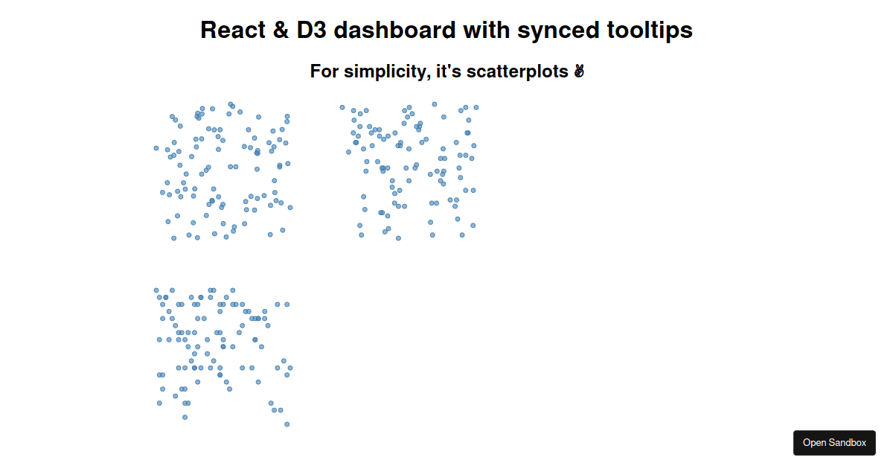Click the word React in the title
point(233,30)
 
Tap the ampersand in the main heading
point(281,30)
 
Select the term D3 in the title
point(311,30)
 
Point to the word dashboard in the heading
point(394,30)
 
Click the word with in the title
point(486,30)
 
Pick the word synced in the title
point(558,31)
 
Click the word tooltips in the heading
point(650,31)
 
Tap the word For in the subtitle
point(324,71)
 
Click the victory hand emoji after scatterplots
point(579,71)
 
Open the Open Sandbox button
point(834,443)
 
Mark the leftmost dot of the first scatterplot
point(156,148)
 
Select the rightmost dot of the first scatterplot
point(290,208)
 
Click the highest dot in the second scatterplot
point(435,104)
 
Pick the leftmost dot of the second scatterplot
point(342,107)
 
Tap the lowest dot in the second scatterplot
point(398,238)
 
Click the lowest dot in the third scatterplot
point(287,424)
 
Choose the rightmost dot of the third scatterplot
point(290,368)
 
